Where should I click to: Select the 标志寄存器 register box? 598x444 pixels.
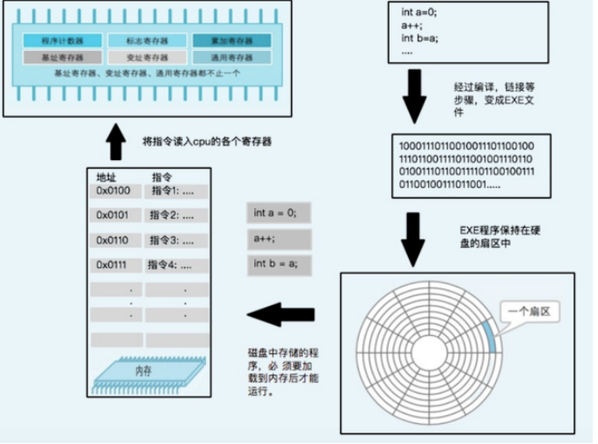[147, 40]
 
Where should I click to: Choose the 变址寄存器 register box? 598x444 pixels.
[147, 57]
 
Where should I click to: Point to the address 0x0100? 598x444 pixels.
[113, 191]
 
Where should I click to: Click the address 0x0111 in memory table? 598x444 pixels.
[113, 265]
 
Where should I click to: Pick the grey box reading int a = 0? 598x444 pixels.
[281, 213]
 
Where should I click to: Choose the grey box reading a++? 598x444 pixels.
[281, 238]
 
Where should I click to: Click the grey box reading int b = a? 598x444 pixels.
[281, 264]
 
